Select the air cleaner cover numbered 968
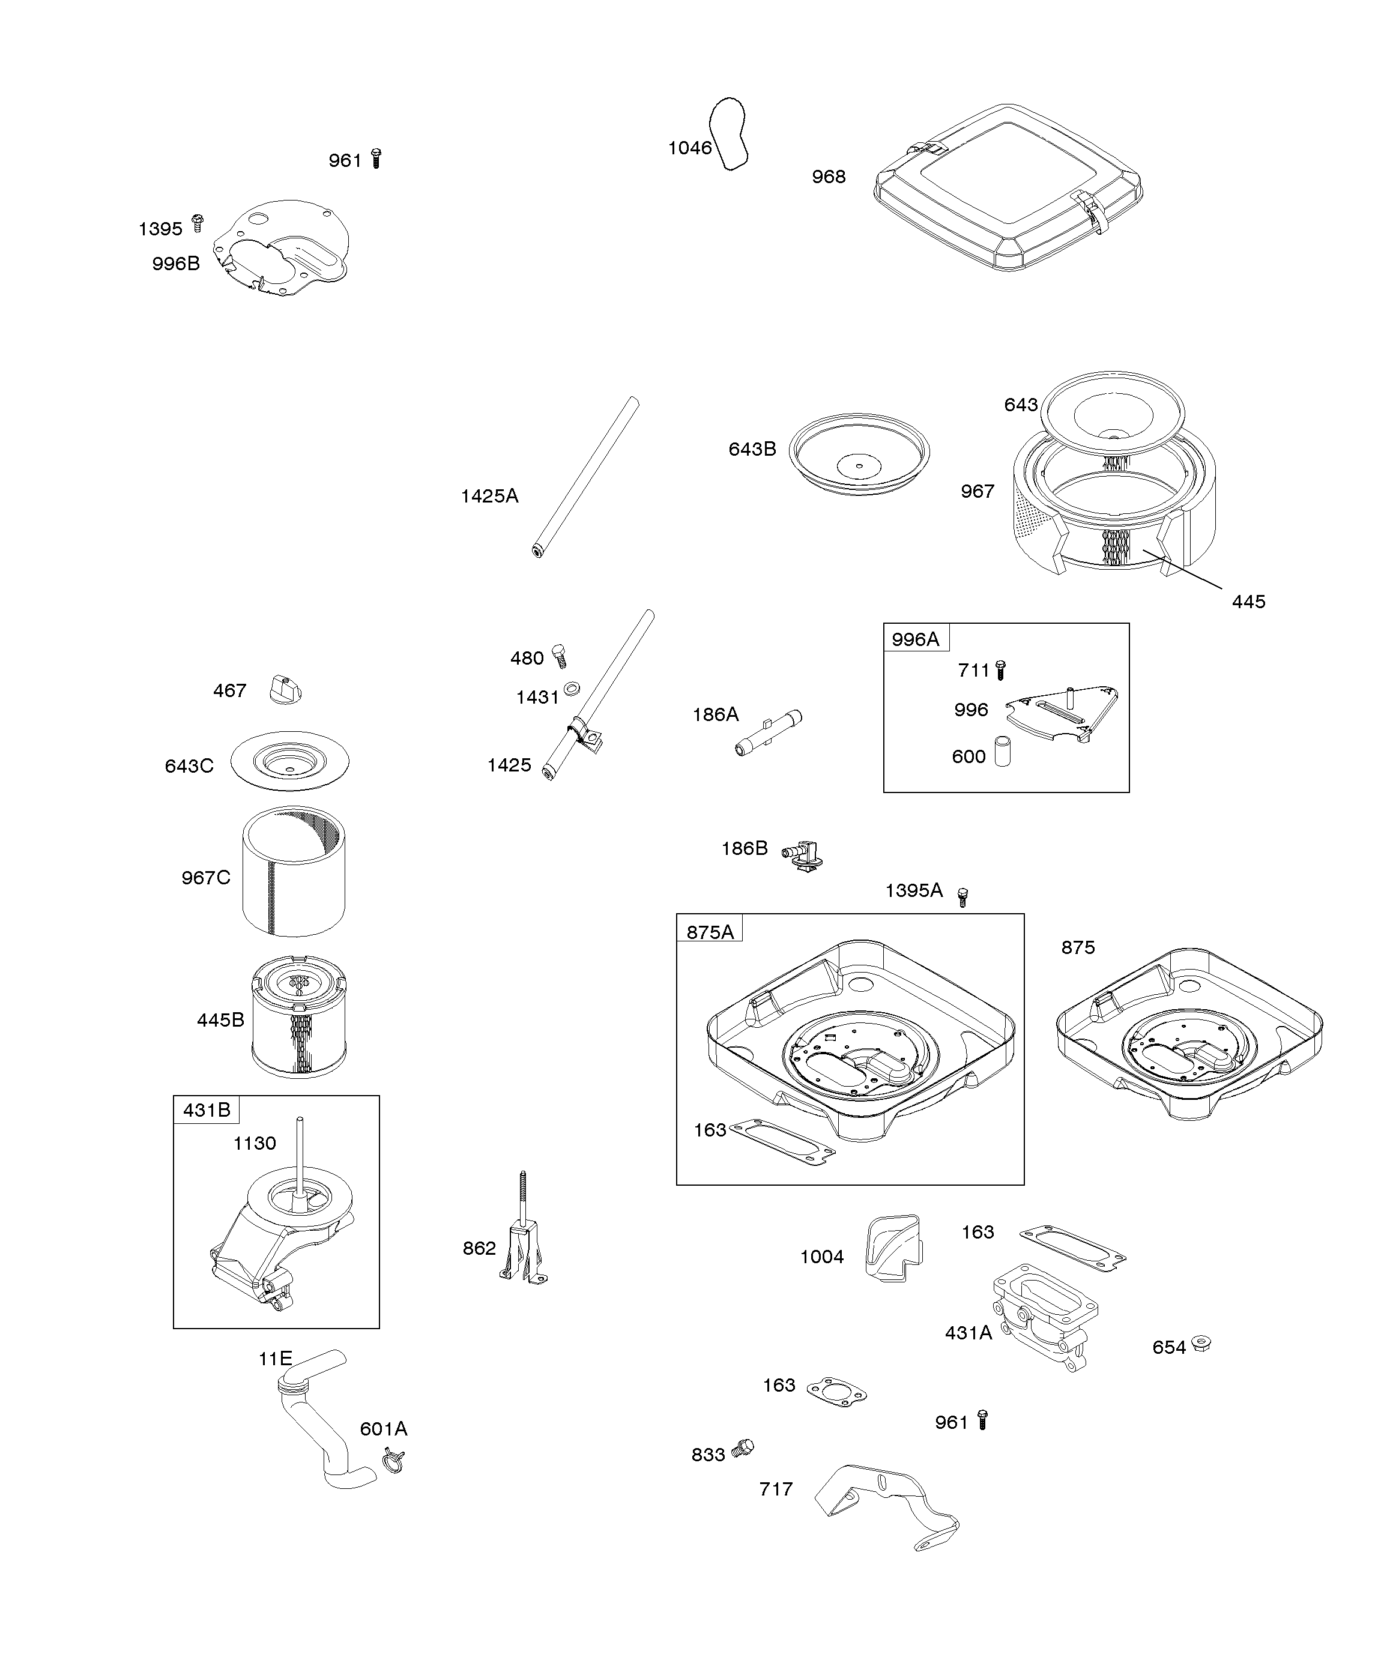1008,187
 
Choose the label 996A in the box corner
915,639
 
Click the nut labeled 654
1201,1345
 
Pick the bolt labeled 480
560,656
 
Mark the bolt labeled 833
744,1448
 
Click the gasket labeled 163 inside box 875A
782,1142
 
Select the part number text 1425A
490,496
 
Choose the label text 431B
207,1110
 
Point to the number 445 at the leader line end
1248,602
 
